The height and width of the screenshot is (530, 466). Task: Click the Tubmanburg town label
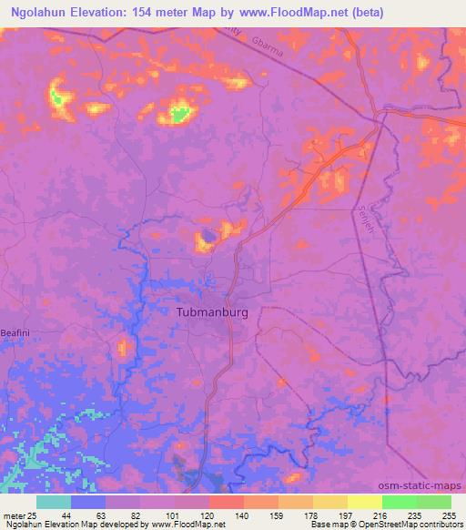211,311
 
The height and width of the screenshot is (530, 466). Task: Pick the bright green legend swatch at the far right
433,502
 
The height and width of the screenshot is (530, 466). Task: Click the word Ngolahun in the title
34,13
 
